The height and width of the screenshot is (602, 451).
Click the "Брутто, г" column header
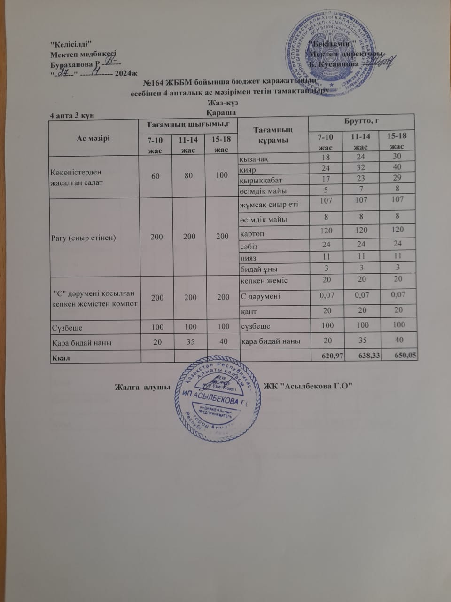tap(362, 122)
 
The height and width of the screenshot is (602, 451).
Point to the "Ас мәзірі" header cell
tap(93, 138)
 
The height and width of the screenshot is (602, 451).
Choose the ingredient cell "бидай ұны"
tap(258, 269)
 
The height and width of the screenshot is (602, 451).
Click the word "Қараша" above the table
tap(221, 112)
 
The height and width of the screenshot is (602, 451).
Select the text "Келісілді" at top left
tap(69, 44)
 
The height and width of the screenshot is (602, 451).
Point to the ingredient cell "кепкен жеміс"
tap(264, 281)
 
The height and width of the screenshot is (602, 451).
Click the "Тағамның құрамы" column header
tap(273, 135)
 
